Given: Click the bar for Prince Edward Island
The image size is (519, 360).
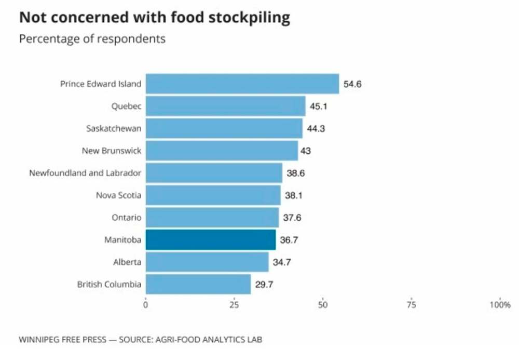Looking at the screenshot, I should (242, 84).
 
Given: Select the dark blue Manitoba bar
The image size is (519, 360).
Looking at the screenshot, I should (210, 240).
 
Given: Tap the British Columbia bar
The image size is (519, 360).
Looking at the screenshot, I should (198, 285).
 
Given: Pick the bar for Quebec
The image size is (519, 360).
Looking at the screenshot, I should (225, 106).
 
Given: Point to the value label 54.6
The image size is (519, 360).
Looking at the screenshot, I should (352, 84).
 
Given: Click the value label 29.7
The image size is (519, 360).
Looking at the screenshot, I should (264, 285).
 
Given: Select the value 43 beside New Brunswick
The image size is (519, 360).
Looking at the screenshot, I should (307, 151).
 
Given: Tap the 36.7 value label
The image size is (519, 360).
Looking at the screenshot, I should (289, 240).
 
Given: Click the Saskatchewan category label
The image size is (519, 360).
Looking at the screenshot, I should (113, 128).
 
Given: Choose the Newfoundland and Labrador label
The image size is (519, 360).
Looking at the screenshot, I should (85, 173).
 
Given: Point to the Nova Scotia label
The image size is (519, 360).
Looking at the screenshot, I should (118, 195).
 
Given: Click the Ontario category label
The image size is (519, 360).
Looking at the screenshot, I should (126, 218).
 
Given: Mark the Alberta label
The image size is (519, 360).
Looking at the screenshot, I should (127, 262).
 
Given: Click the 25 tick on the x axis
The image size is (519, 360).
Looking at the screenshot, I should (234, 305).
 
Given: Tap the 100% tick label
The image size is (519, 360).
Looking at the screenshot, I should (500, 305).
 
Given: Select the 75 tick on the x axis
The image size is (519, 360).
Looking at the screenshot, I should (411, 305).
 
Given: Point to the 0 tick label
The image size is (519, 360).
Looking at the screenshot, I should (145, 305).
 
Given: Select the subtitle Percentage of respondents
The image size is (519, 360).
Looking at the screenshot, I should (92, 39).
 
